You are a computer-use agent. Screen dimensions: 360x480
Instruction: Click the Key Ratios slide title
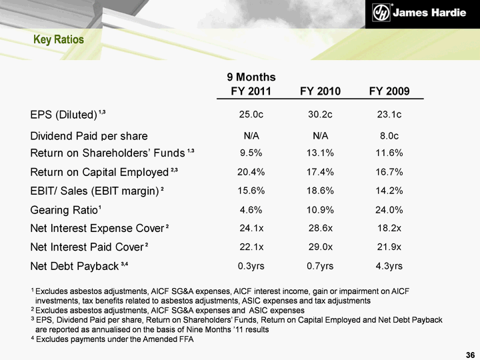coord(59,40)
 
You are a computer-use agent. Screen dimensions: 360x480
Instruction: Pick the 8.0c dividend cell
coord(389,135)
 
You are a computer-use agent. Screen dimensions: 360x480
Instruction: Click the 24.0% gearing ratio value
coord(389,210)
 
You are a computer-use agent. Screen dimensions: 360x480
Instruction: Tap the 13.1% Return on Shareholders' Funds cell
coord(320,153)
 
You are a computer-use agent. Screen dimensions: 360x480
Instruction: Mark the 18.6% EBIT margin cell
coord(320,191)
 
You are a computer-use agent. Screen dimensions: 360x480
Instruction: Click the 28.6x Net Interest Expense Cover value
coord(320,229)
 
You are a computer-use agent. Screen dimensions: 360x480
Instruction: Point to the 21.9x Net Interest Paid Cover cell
coord(389,247)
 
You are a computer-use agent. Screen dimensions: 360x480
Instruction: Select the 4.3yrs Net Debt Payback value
coord(389,267)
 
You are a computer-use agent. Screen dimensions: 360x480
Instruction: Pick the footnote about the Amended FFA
coord(113,339)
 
